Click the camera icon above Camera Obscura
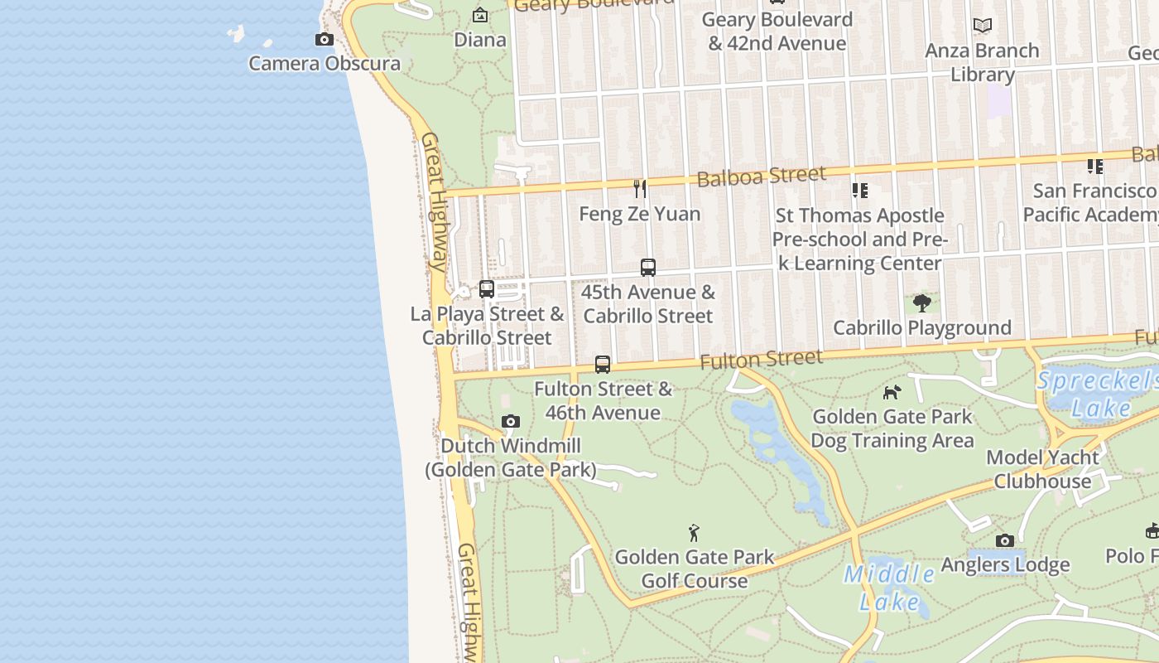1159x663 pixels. point(325,39)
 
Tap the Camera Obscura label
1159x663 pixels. point(325,64)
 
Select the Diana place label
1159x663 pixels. point(480,40)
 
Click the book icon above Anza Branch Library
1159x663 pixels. point(983,26)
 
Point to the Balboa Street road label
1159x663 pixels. point(761,176)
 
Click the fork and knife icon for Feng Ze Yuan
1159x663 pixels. point(640,189)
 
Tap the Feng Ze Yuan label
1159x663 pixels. point(640,214)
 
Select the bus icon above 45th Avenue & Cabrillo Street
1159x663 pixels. point(648,268)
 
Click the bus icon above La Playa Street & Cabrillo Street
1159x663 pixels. point(487,289)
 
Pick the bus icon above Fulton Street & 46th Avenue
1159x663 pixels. point(603,365)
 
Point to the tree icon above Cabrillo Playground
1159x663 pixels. point(922,302)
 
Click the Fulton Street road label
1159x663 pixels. point(761,360)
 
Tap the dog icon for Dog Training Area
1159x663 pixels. point(892,392)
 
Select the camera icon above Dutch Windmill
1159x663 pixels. point(511,422)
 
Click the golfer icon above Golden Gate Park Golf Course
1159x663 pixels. point(694,532)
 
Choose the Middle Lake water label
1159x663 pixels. point(889,588)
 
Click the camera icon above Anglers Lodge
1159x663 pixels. point(1005,541)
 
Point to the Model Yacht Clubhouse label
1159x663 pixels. point(1042,469)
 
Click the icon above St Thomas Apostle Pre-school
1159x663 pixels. point(860,191)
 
